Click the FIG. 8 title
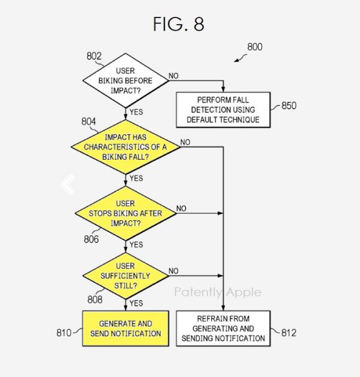178,24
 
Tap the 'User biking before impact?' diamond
125,80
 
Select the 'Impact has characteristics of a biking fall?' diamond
125,146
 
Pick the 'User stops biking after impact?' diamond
125,213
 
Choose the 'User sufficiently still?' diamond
125,276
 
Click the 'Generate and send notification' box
125,328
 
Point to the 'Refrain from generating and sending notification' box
223,328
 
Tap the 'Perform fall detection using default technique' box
222,110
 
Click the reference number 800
254,47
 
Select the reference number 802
94,56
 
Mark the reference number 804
89,122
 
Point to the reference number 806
92,239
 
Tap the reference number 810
64,333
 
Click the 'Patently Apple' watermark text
218,292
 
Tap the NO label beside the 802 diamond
173,75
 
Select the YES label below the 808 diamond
136,303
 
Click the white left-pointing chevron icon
68,185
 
